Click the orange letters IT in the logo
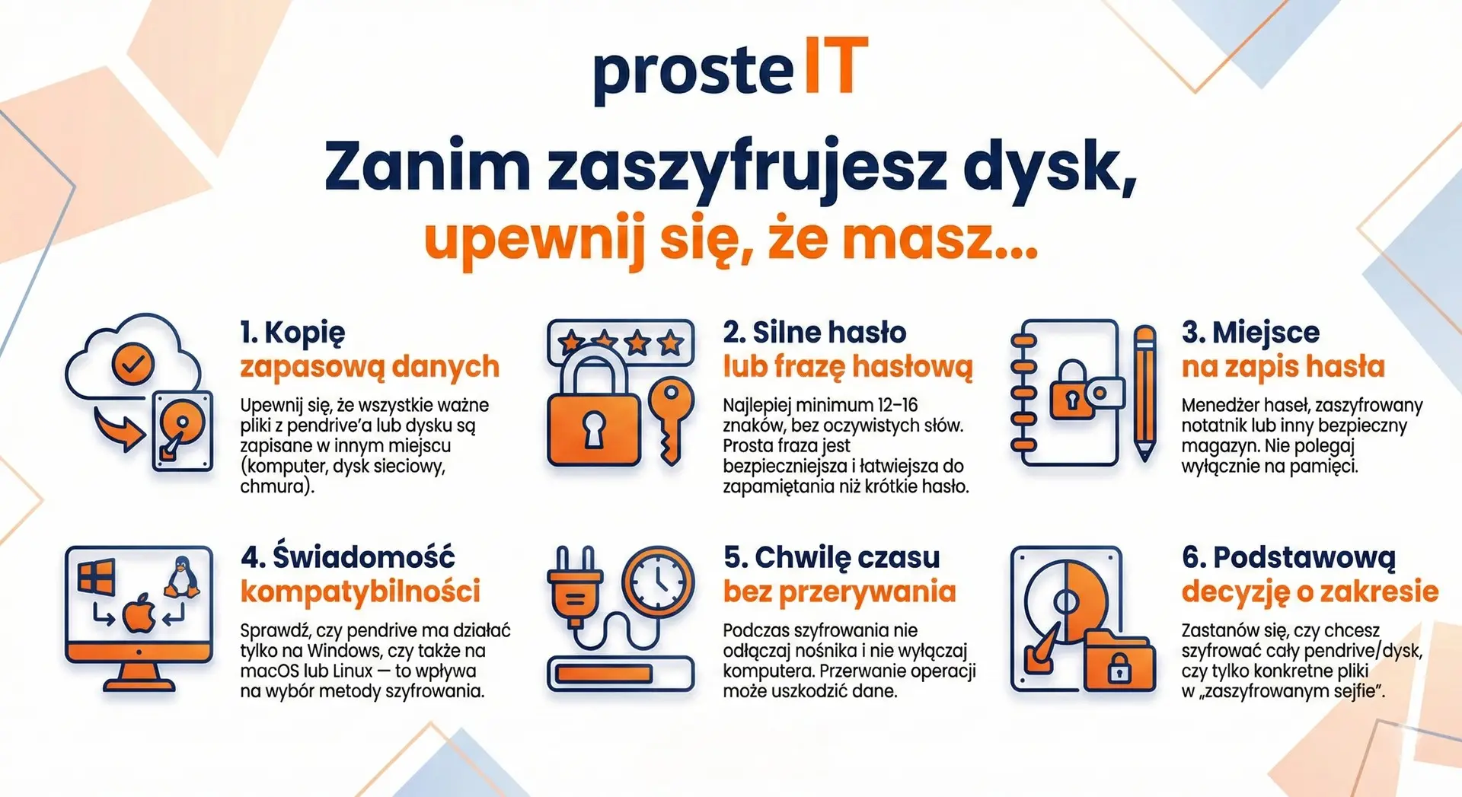835,68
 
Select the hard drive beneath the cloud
183,431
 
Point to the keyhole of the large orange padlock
593,429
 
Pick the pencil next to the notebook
1144,392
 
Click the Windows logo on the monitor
97,576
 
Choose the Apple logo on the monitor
139,614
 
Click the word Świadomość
363,557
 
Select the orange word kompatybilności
360,591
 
